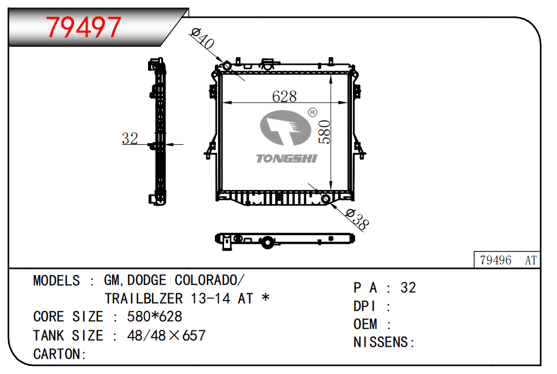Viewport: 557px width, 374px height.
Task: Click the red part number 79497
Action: pos(83,27)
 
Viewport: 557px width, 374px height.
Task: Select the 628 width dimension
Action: pos(284,96)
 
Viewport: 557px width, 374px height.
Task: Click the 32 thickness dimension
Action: pos(130,139)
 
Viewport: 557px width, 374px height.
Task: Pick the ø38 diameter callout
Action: pos(357,219)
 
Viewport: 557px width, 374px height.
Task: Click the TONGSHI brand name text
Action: pos(286,158)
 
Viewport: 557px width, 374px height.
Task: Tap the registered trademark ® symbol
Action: pos(312,113)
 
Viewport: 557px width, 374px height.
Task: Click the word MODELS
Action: pos(57,281)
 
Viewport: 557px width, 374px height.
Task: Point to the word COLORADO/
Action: pos(209,281)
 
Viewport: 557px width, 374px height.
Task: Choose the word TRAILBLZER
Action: pos(144,299)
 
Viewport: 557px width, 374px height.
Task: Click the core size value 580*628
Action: pos(154,317)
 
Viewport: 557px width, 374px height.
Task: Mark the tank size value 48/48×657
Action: pos(166,335)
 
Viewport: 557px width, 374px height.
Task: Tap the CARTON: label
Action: pos(60,354)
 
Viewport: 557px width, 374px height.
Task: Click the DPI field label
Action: pos(365,306)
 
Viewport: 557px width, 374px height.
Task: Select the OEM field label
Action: pos(365,324)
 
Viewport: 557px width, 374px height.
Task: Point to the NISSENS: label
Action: pos(384,342)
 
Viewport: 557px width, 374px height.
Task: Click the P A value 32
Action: pos(408,288)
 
